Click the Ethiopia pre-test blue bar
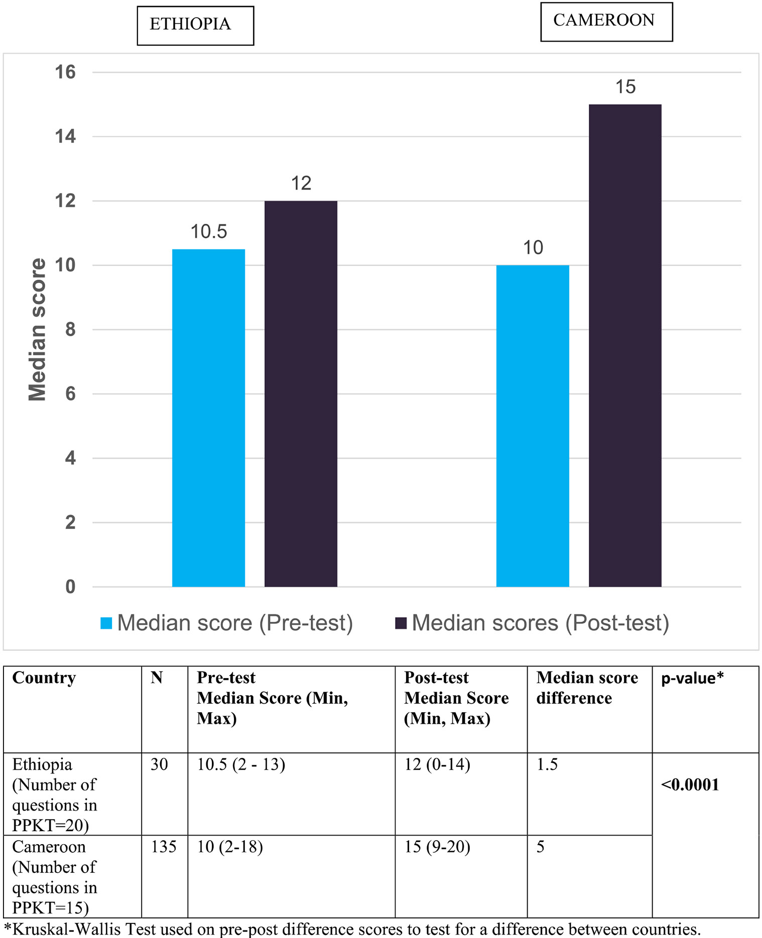pos(208,418)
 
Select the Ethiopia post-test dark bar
pos(301,393)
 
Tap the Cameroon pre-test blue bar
pos(533,426)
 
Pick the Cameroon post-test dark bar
pos(625,345)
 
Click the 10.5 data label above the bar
pos(208,231)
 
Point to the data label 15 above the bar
pos(625,87)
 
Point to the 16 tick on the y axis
pos(65,72)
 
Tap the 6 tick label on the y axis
pos(70,394)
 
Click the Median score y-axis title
pos(38,329)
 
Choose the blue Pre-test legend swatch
pos(106,623)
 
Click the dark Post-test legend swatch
pos(401,623)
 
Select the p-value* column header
pos(692,678)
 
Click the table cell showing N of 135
pos(164,847)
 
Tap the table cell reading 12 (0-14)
pos(437,764)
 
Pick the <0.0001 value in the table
pos(690,784)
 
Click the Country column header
pos(44,678)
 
